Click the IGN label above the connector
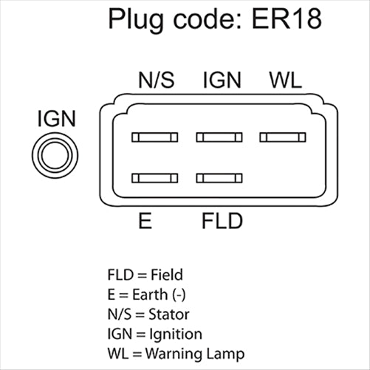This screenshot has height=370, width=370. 222,80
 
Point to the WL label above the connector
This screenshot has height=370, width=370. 285,80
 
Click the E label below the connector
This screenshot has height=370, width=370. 145,221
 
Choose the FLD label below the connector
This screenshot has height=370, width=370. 222,221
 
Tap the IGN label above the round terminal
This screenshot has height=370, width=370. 55,119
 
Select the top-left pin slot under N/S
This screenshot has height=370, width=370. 154,137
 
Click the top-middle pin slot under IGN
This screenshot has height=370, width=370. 219,137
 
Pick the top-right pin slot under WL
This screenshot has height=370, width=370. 282,137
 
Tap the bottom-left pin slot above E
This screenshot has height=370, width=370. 154,177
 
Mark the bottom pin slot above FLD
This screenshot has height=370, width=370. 219,177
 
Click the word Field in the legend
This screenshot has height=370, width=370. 166,275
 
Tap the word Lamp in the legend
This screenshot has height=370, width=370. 227,354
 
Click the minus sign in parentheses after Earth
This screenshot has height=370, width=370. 178,295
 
